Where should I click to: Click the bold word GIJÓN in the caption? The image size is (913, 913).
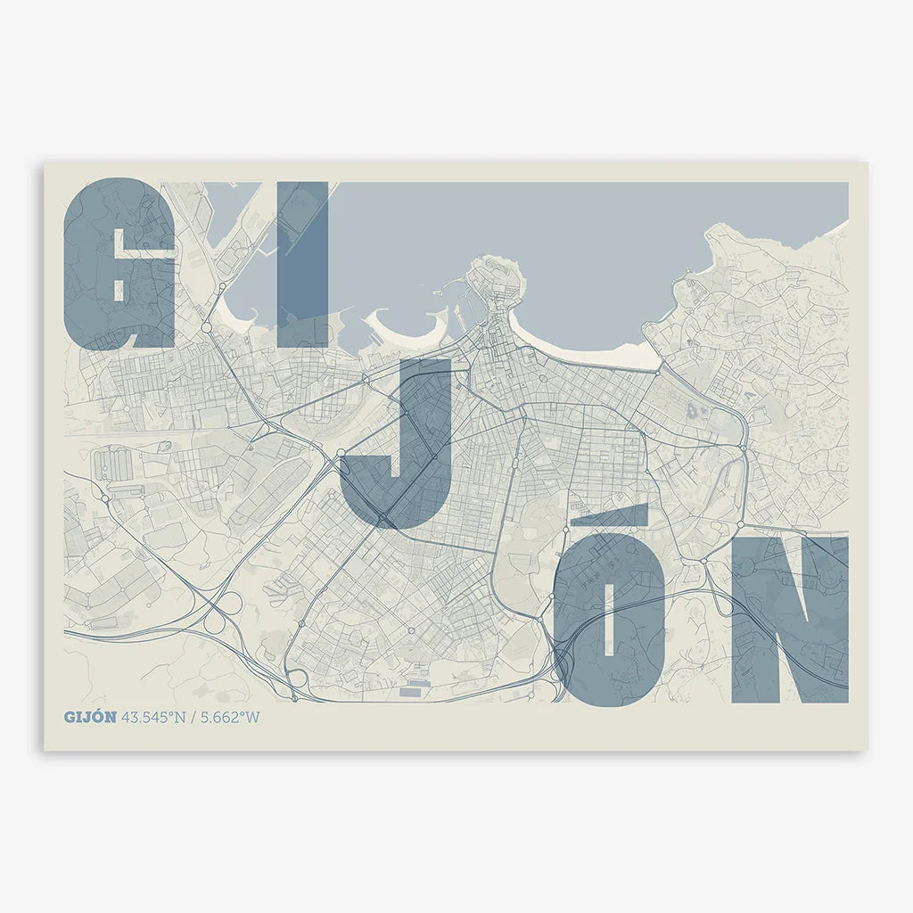coord(90,717)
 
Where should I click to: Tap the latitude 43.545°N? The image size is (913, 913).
coord(153,717)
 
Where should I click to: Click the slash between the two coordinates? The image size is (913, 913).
coord(193,717)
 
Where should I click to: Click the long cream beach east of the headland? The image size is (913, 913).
coord(606,353)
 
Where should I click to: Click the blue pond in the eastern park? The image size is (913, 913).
coord(692,412)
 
